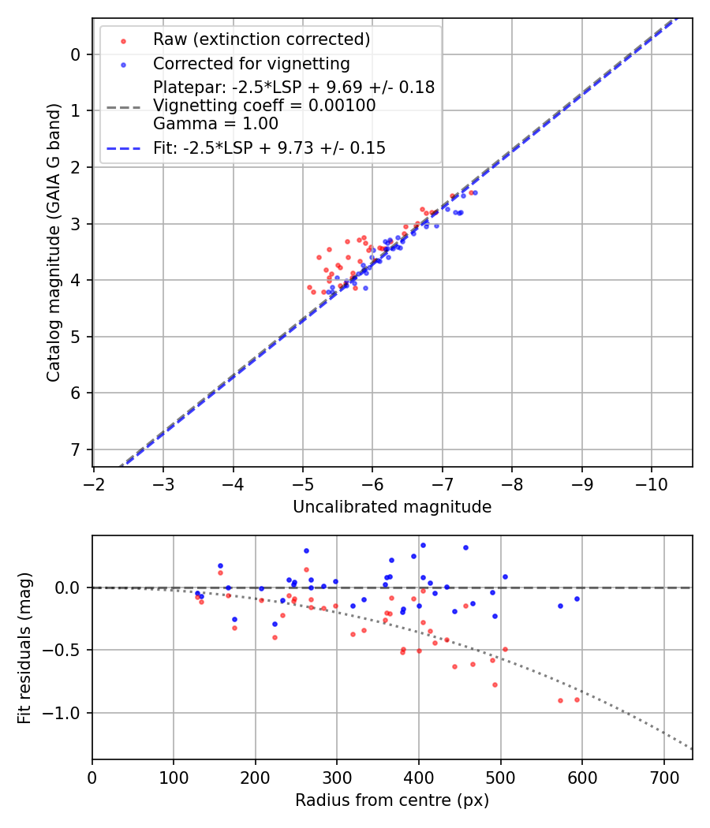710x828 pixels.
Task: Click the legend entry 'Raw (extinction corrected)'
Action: point(261,39)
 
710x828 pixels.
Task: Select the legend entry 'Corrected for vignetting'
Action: point(251,63)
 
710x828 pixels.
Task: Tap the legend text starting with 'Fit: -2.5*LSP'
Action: point(269,147)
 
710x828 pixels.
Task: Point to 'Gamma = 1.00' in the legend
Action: point(215,123)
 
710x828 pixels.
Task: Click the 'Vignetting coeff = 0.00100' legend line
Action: point(264,106)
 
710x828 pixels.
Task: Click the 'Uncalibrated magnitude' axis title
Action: point(392,507)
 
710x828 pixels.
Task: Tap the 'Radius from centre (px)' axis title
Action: point(392,800)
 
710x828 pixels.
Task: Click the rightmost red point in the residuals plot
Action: point(577,699)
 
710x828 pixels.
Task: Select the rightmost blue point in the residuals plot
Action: point(577,599)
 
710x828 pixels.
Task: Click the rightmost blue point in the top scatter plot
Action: point(474,192)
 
